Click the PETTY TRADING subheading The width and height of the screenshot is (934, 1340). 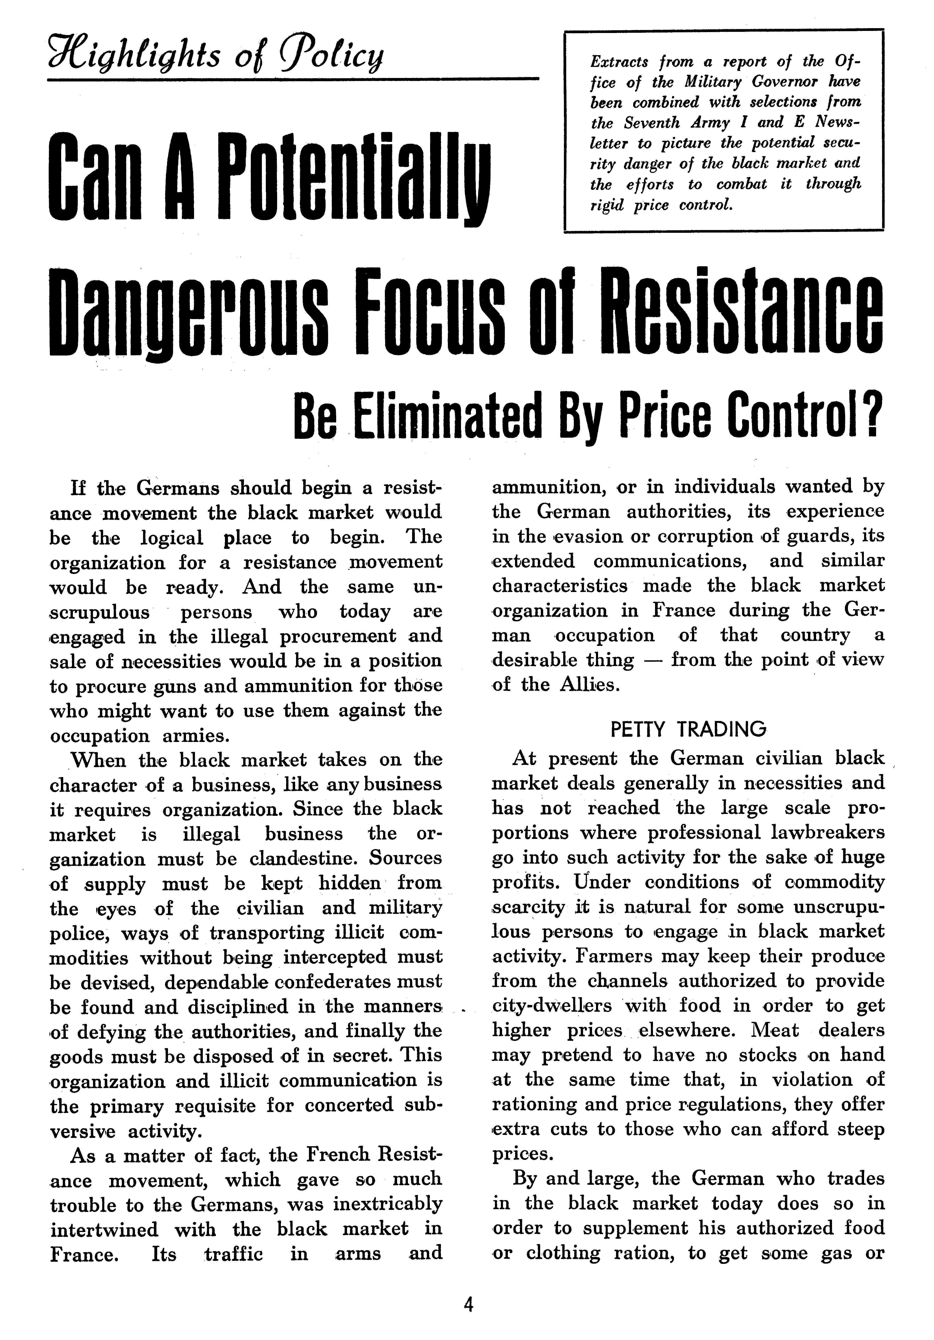pyautogui.click(x=688, y=729)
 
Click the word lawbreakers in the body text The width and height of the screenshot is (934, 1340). pyautogui.click(x=826, y=833)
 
